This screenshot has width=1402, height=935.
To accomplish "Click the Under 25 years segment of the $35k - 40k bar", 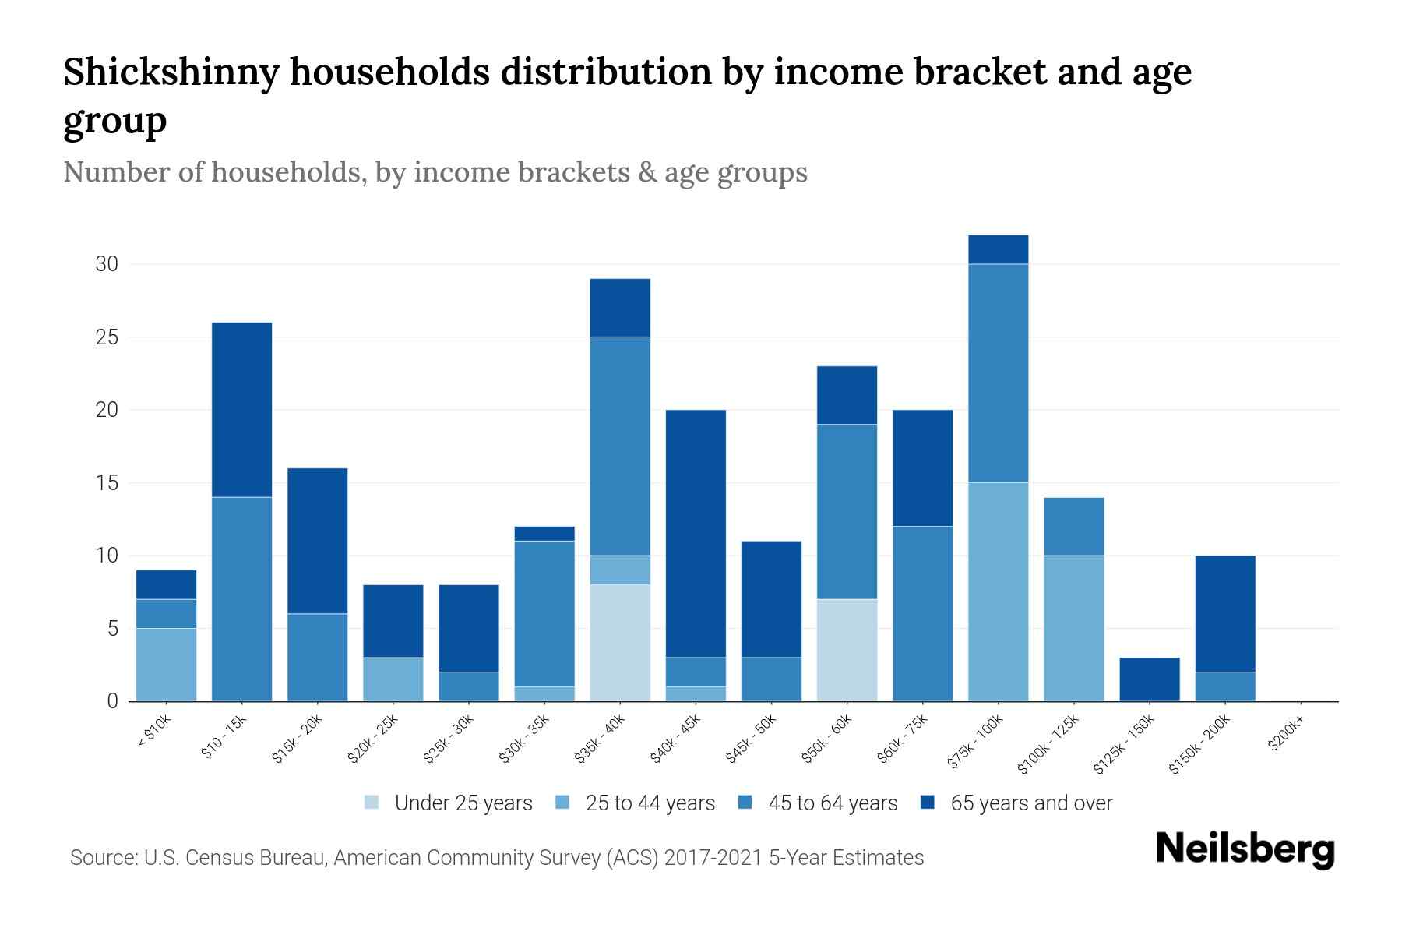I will coord(620,643).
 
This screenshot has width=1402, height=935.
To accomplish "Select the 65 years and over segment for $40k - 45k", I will coord(696,534).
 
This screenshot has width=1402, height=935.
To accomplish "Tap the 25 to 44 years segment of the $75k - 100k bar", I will coord(998,592).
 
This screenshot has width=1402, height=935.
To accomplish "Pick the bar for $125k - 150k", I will coord(1149,679).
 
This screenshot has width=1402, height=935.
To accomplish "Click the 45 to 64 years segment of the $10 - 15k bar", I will coord(242,599).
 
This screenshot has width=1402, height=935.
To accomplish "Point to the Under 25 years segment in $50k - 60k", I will coord(847,650).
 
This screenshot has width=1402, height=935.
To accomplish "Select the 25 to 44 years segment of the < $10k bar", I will coord(166,665).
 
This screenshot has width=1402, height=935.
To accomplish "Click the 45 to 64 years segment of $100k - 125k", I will coord(1073,526).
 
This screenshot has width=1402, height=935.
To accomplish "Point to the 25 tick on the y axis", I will coord(107,337).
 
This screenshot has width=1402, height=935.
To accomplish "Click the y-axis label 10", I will coord(107,556).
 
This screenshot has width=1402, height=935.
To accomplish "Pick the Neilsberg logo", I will coord(1245,849).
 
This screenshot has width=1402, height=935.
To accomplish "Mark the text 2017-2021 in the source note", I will coord(712,858).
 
